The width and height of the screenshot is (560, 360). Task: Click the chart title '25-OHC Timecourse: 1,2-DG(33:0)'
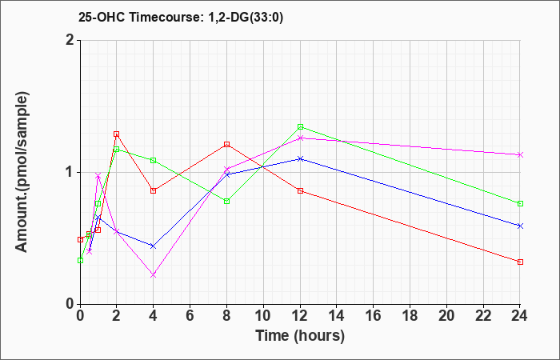[x=181, y=17]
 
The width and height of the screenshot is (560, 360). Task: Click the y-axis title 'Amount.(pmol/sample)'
[x=22, y=172]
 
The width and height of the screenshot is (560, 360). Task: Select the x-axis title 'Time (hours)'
[x=300, y=336]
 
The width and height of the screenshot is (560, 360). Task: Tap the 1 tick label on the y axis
[x=70, y=172]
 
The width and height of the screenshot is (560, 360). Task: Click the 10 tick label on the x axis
[x=263, y=316]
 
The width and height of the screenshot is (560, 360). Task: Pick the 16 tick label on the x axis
[x=374, y=316]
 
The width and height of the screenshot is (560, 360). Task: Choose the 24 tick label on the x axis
[x=520, y=316]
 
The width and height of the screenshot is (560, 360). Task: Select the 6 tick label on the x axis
[x=190, y=316]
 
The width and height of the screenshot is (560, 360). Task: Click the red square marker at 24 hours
[x=520, y=262]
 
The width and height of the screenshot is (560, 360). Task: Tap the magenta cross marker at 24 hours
[x=520, y=154]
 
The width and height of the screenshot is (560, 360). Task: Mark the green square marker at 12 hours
[x=300, y=126]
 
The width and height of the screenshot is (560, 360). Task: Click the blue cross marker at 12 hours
[x=300, y=158]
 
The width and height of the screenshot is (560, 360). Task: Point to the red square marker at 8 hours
[x=226, y=144]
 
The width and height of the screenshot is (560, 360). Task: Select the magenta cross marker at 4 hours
[x=154, y=275]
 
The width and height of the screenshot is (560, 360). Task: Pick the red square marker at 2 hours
[x=117, y=134]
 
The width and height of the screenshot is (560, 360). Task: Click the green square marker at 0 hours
[x=80, y=260]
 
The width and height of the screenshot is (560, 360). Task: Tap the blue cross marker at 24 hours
[x=520, y=226]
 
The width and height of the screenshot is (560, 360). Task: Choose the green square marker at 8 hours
[x=226, y=201]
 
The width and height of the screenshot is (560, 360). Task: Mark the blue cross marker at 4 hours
[x=154, y=246]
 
